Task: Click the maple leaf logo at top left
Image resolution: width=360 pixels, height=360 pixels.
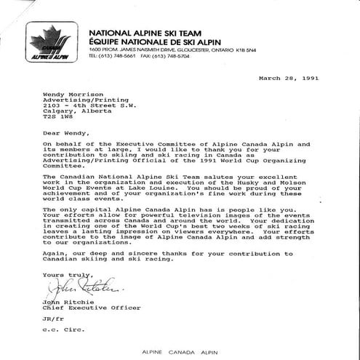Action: (x=52, y=42)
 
